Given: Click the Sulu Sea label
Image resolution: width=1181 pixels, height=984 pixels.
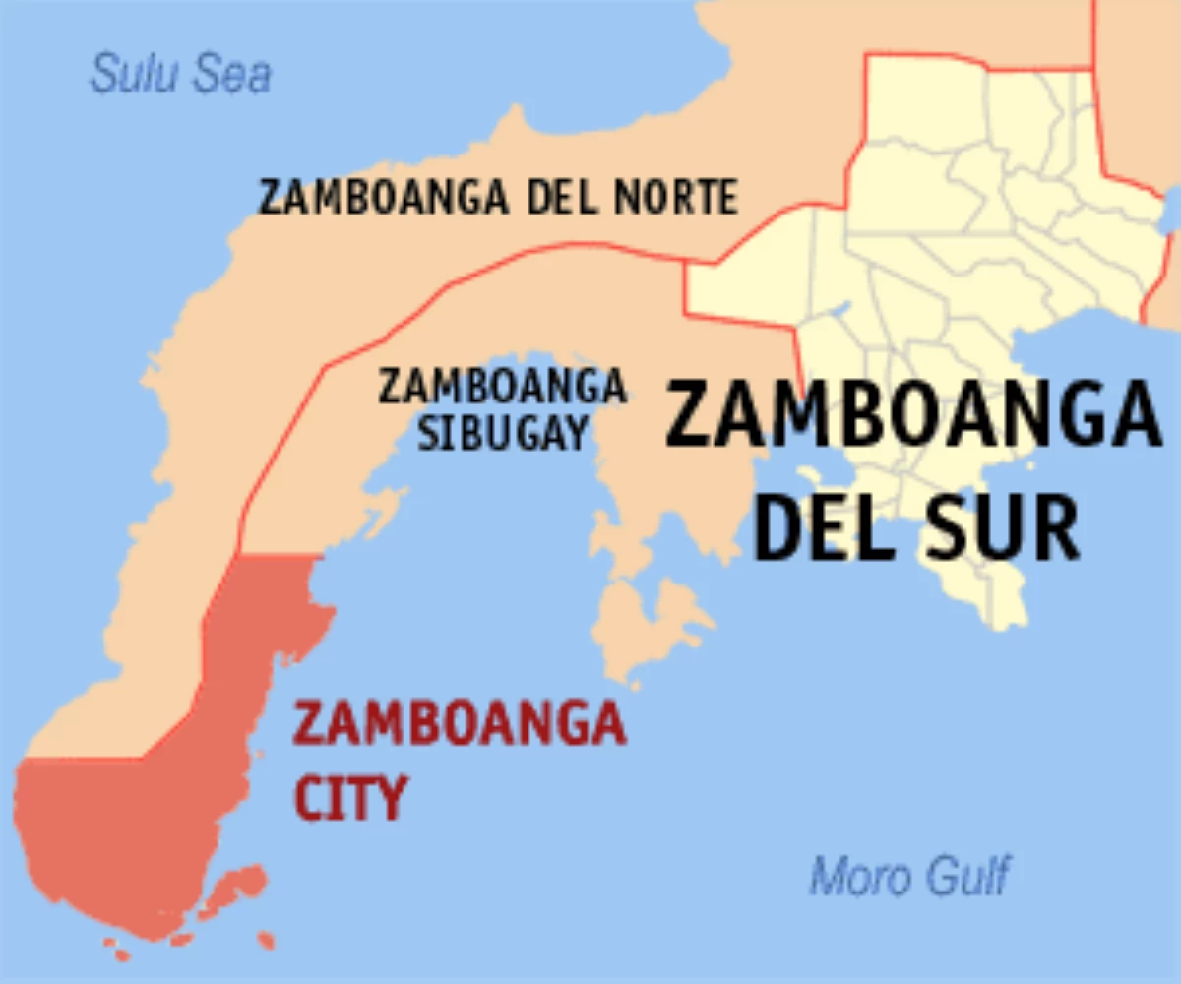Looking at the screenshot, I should pyautogui.click(x=180, y=75).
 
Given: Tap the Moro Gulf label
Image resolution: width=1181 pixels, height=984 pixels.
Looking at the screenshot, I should pyautogui.click(x=909, y=875).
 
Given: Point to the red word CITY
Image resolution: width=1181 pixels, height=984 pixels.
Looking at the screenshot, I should pyautogui.click(x=349, y=798).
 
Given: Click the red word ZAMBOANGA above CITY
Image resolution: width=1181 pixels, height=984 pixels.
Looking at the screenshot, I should pyautogui.click(x=460, y=726).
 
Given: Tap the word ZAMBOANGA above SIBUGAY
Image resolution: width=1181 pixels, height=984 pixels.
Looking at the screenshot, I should pyautogui.click(x=503, y=387).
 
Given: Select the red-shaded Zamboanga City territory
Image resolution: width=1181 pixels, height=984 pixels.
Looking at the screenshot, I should pyautogui.click(x=148, y=827).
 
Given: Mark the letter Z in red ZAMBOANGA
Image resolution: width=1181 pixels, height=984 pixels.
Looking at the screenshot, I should pyautogui.click(x=307, y=726).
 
